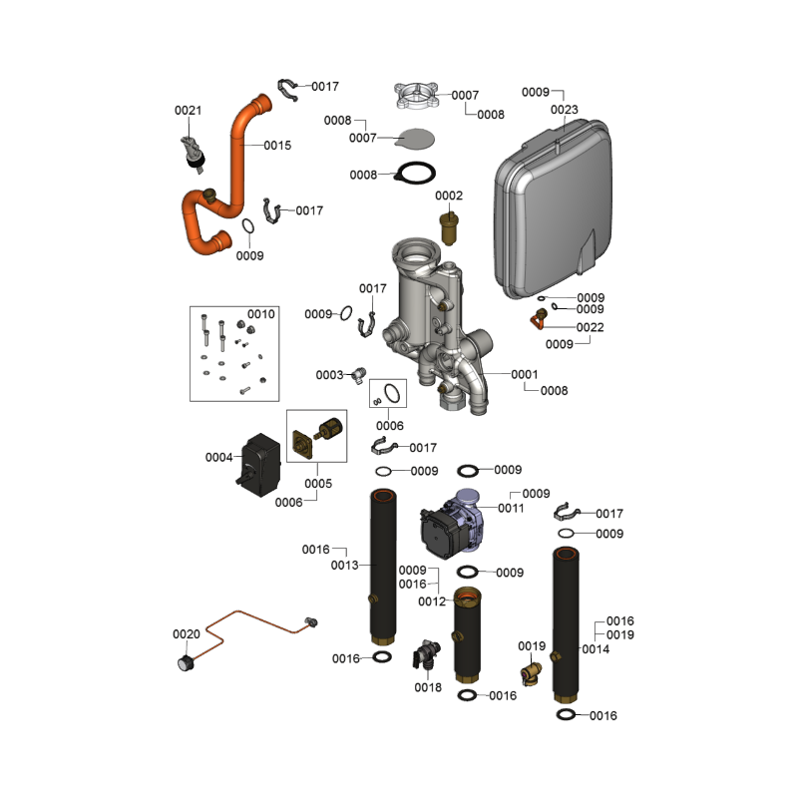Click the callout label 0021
[x=189, y=110]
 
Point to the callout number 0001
[x=525, y=375]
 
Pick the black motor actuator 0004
[x=263, y=465]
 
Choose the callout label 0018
[x=428, y=687]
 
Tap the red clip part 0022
[x=539, y=320]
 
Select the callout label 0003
[x=329, y=375]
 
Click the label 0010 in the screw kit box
[x=261, y=314]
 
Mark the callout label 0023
[x=565, y=110]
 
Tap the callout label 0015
[x=277, y=146]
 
